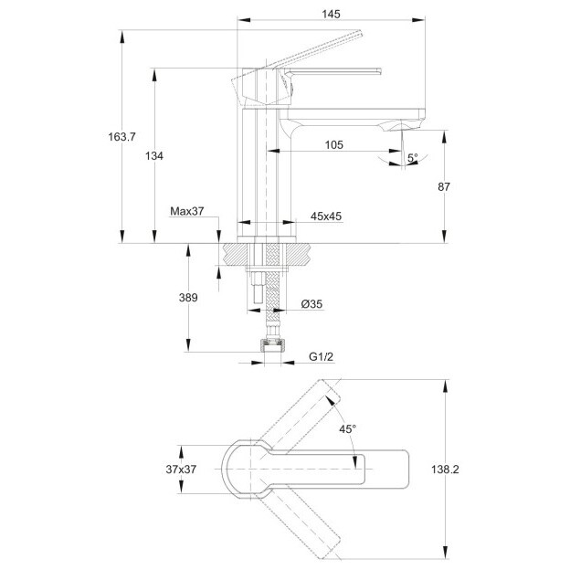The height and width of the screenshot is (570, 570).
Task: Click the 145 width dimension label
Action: (331, 15)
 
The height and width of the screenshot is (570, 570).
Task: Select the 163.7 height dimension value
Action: (121, 137)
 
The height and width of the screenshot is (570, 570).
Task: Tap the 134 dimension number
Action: (154, 156)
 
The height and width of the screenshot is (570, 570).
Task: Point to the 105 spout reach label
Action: (333, 144)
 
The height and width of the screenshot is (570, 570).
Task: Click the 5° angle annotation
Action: (412, 158)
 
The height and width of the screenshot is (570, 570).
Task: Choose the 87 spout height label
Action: (444, 187)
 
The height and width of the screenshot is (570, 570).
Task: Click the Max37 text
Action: (187, 211)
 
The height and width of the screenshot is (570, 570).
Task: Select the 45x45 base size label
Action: (326, 216)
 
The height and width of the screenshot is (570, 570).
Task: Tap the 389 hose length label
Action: (188, 298)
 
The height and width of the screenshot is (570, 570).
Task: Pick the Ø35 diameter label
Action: (311, 304)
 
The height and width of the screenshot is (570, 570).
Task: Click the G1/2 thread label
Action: (321, 356)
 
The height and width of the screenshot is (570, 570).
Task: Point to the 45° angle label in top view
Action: (347, 429)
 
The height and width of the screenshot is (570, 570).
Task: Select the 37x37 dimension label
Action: (181, 470)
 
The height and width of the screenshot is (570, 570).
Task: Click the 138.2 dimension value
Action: (445, 470)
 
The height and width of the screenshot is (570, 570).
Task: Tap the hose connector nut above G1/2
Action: (272, 345)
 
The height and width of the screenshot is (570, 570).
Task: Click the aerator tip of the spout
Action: (402, 126)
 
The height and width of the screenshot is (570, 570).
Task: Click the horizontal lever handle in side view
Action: (332, 71)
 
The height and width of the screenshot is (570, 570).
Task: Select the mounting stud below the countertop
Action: (258, 287)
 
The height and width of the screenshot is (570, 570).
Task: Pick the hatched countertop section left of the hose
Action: (235, 255)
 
